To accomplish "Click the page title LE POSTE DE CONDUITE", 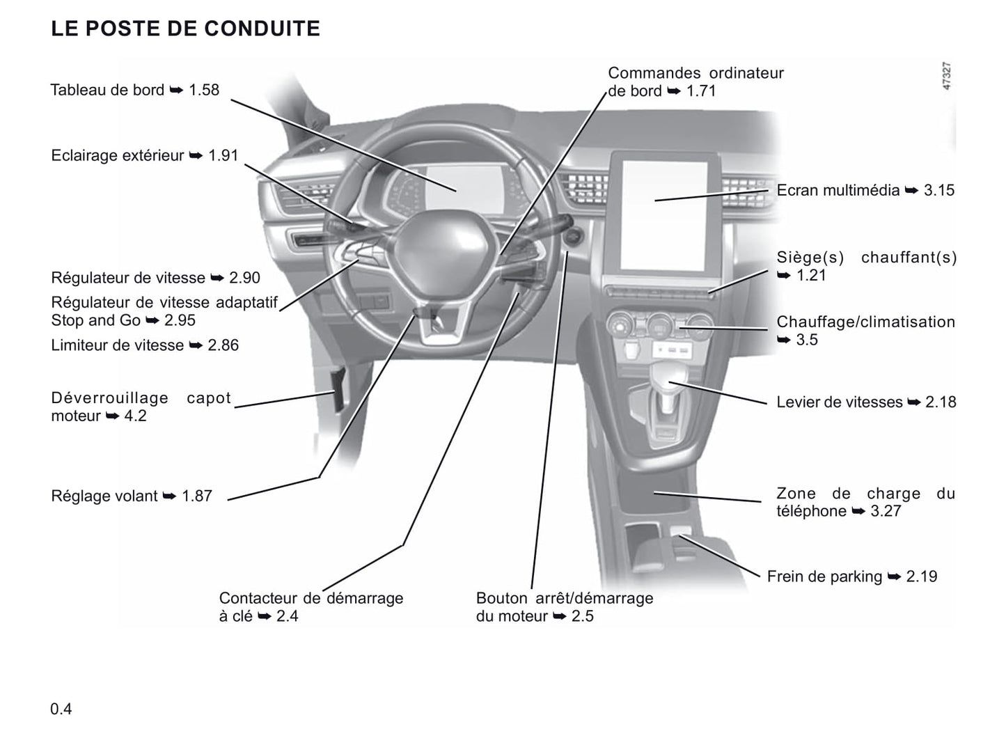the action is pos(185,29).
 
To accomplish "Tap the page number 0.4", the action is pos(61,709).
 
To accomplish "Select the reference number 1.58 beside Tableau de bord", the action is pos(204,90).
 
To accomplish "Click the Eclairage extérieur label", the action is pos(118,156).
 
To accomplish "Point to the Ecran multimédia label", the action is pos(838,190).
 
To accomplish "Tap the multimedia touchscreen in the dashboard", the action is pos(664,216).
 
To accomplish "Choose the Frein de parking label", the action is pos(824,577).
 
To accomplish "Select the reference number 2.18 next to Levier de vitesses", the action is pos(941,402).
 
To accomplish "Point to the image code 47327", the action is pos(947,76).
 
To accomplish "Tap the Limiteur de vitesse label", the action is pos(118,345).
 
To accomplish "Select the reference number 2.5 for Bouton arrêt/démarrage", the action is pos(583,616).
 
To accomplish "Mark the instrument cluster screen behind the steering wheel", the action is pos(464,189).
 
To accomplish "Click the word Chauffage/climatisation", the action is pos(866,322).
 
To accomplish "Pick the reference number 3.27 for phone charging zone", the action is pos(886,511).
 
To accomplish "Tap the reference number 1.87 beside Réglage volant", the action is pos(197,496).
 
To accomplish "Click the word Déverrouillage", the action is pos(110,398).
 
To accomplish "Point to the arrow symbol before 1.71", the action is pos(674,91).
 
